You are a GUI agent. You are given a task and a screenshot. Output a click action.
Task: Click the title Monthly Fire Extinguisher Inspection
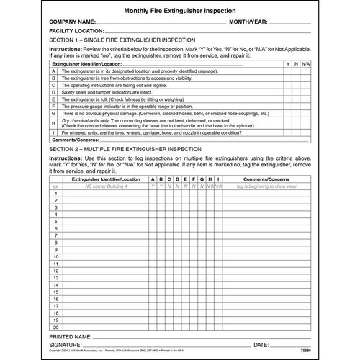pyautogui.click(x=179, y=12)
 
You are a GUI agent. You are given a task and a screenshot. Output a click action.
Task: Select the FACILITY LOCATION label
pyautogui.click(x=81, y=32)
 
